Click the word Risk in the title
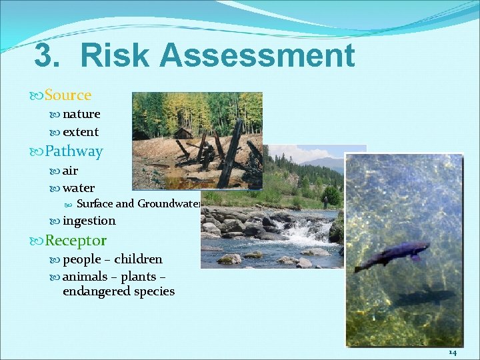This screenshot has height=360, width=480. tap(118, 56)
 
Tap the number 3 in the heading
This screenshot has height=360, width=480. tap(45, 56)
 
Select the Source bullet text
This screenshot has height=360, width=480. tap(67, 95)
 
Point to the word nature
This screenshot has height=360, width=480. tap(81, 114)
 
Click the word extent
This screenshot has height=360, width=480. tap(81, 132)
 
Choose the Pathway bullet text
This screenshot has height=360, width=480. tap(73, 151)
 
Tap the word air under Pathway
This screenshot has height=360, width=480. tap(70, 171)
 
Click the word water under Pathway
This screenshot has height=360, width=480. tap(79, 188)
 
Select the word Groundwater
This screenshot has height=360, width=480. tap(169, 204)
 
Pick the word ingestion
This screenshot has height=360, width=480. tap(89, 221)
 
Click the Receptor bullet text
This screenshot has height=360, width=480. tap(75, 240)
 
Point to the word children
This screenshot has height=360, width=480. tap(138, 259)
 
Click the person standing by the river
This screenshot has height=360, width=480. tap(326, 201)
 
